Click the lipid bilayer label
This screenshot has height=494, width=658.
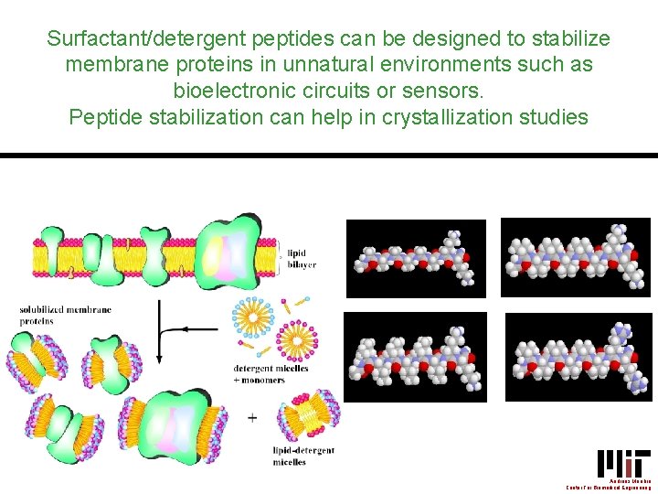[302, 259]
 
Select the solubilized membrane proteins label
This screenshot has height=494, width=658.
[65, 316]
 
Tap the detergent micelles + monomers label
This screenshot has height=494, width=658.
[271, 373]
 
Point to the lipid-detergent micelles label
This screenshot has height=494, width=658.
[303, 456]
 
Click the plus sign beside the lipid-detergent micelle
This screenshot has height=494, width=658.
[252, 417]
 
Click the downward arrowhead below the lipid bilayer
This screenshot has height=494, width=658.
[162, 355]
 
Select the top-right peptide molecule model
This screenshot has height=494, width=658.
[575, 257]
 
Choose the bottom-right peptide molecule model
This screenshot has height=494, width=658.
[579, 358]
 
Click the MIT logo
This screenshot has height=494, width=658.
[623, 462]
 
